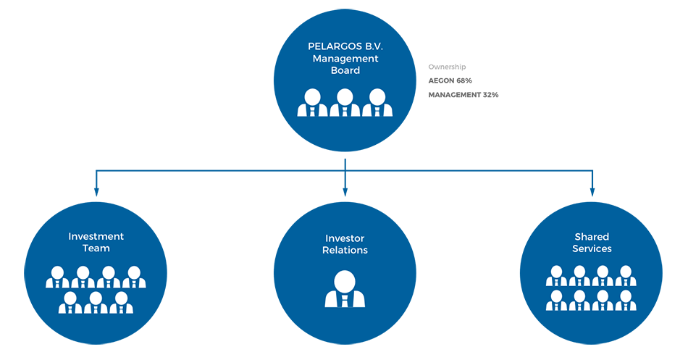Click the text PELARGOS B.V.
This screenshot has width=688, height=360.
coord(345,46)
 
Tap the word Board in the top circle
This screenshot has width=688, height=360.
coord(345,70)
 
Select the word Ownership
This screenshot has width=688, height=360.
coord(447,67)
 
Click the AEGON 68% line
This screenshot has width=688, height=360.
coord(450,80)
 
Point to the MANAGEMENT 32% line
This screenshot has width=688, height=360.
coord(463,95)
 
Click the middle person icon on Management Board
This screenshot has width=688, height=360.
coord(345,102)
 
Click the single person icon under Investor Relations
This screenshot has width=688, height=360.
coord(345,288)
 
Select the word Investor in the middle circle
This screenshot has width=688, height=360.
coord(345,238)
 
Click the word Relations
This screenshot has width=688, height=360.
coord(345,251)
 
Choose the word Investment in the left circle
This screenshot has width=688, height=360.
coord(96,236)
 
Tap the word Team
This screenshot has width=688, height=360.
coord(96,248)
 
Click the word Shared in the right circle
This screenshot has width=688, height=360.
coord(592,237)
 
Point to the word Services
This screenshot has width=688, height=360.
coord(592,249)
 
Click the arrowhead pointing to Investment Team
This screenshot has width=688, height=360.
coord(96,192)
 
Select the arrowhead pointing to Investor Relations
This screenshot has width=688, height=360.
coord(345,192)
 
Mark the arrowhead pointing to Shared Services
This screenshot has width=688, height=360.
coord(592,192)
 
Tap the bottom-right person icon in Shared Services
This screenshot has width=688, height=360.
coord(627,300)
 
